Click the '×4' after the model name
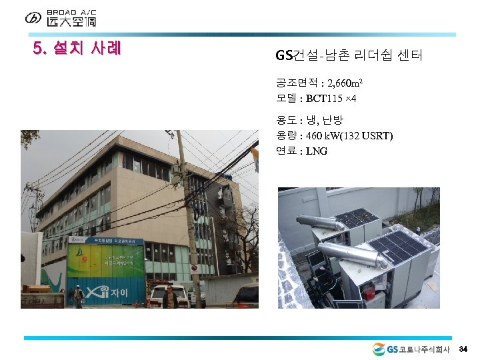pos(351,99)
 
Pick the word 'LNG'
pos(317,151)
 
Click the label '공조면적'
pos(296,84)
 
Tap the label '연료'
pos(285,151)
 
